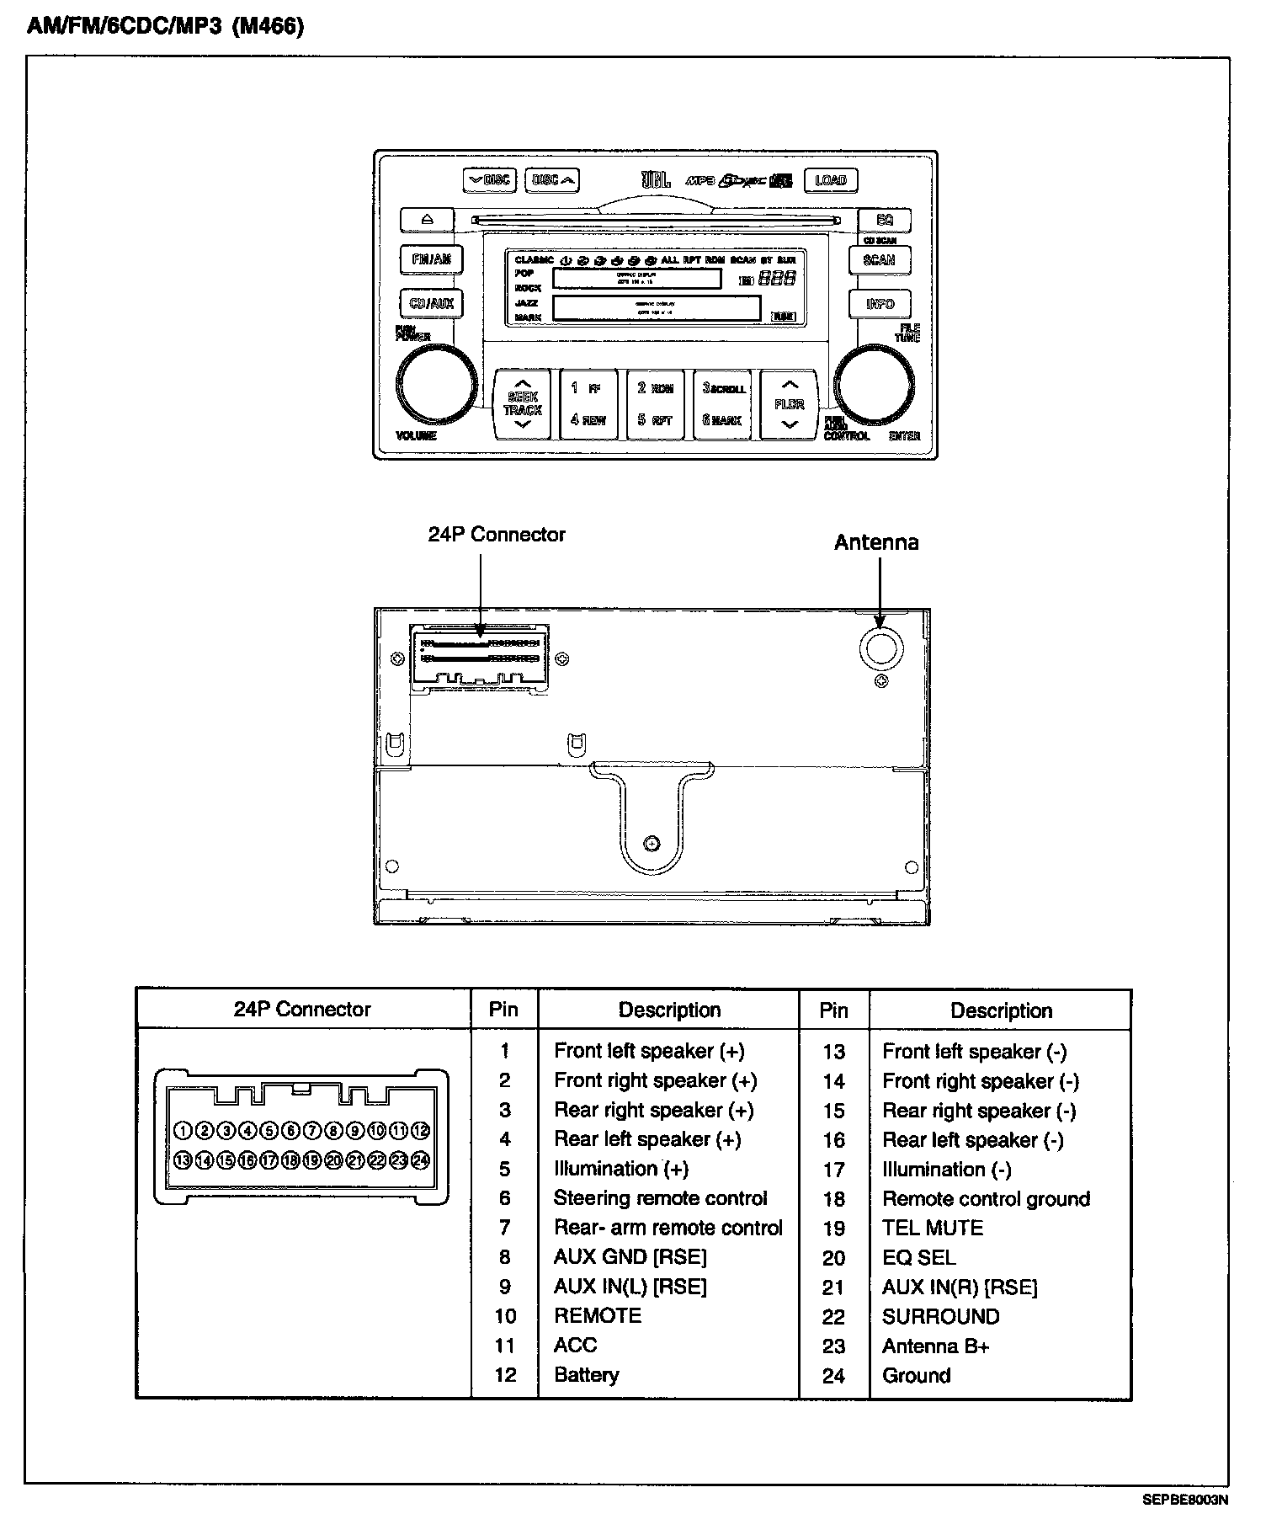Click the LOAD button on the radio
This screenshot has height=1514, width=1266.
pos(830,180)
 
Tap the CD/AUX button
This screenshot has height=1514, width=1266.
pos(431,303)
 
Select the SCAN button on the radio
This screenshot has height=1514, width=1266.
pos(879,260)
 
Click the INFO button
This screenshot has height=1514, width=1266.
pos(880,303)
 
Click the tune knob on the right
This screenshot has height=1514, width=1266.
pos(875,384)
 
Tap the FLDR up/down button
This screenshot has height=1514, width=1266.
pos(789,405)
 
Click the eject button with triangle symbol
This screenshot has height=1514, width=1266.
pos(427,220)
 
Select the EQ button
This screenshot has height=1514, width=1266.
pos(884,220)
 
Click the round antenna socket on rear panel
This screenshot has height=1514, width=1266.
pos(880,648)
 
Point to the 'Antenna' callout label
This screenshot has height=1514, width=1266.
pos(876,543)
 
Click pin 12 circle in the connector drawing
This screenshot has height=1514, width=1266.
pos(421,1131)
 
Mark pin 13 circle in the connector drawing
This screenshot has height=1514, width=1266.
pos(182,1160)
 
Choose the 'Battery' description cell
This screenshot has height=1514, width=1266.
pos(586,1375)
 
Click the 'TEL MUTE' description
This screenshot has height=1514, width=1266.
pos(932,1229)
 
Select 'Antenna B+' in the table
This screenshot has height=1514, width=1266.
pos(935,1346)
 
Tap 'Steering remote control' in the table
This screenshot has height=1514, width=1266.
pos(660,1198)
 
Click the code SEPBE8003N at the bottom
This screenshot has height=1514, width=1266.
pos(1184,1499)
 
